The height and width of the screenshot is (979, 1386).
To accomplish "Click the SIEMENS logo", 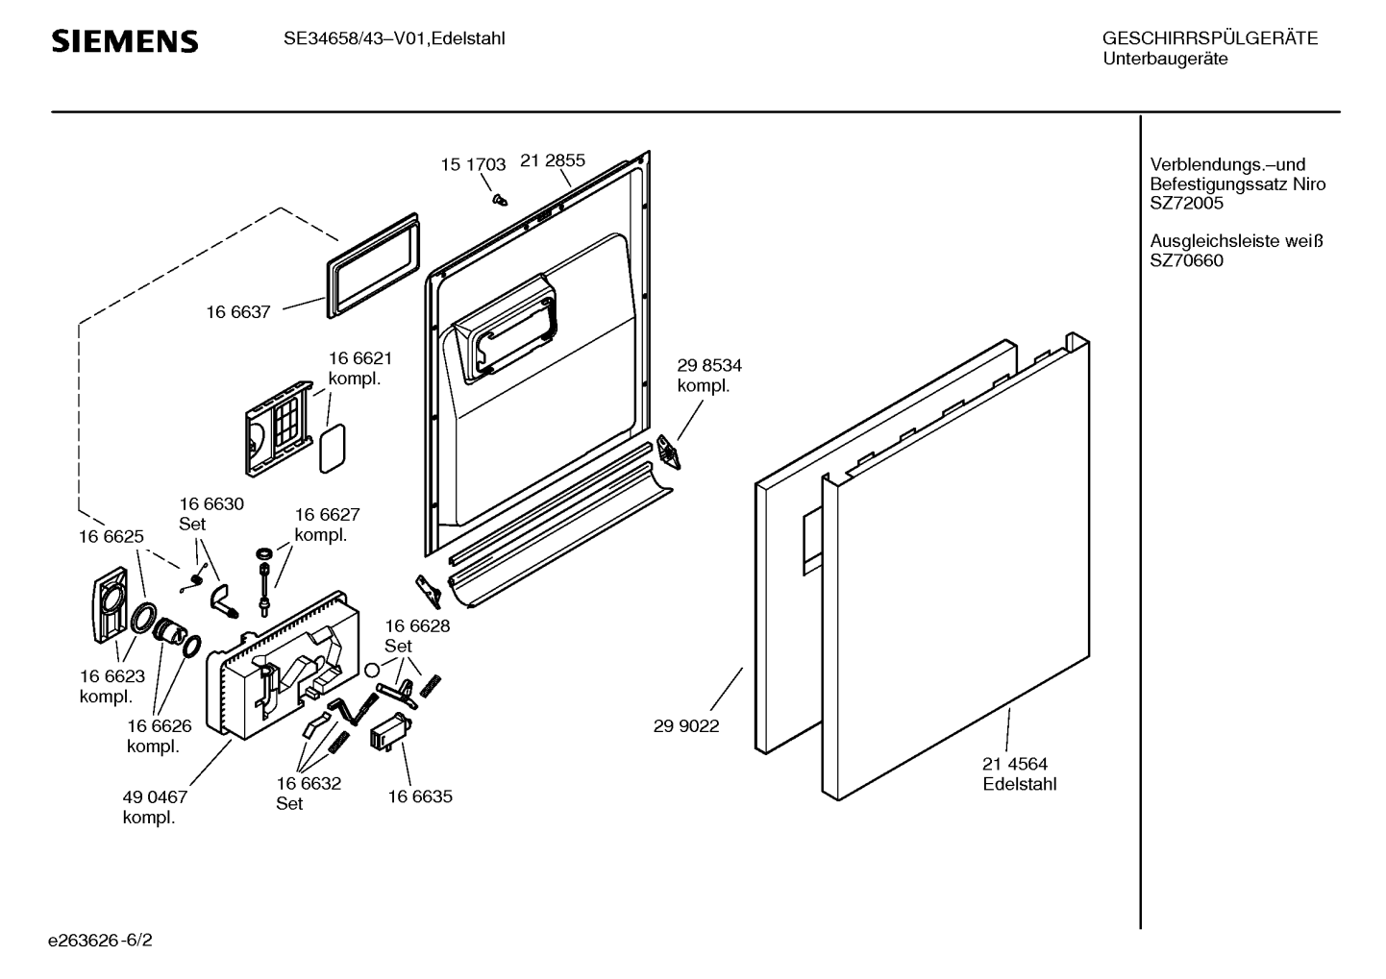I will click(x=125, y=41).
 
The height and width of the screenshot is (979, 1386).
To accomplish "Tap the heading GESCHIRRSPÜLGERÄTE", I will click(x=1209, y=38).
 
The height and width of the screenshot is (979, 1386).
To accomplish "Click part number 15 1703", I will click(x=473, y=164).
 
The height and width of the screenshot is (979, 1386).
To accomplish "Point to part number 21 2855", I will click(x=553, y=160).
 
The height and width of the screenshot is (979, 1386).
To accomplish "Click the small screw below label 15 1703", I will click(x=499, y=198).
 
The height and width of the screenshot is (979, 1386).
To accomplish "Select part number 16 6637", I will click(x=238, y=311).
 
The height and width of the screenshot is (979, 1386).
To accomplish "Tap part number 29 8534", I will click(x=709, y=365).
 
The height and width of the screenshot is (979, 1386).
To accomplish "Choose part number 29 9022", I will click(x=686, y=726).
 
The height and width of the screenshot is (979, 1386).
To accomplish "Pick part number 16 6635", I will click(x=420, y=796).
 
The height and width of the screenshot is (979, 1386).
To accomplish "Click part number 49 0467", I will click(x=155, y=796).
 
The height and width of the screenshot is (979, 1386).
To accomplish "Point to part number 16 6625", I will click(x=111, y=536).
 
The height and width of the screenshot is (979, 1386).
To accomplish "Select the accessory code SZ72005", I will click(x=1187, y=204).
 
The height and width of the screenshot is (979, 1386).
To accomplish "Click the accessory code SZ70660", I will click(x=1187, y=260).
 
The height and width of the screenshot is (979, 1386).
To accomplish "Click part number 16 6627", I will click(x=327, y=514).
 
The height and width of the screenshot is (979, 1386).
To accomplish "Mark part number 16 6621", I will click(x=360, y=358).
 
